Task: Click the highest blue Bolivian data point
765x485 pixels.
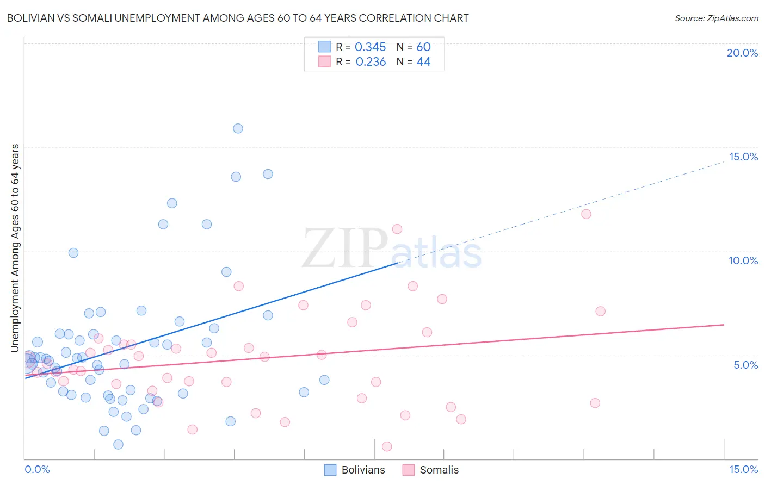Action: (x=238, y=129)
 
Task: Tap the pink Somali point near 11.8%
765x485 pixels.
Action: (x=586, y=214)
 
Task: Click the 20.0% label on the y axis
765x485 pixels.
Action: (x=742, y=53)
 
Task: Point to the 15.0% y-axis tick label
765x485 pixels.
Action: (x=743, y=157)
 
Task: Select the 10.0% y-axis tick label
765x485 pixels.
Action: (x=743, y=260)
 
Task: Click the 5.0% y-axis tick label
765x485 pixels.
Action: (x=745, y=365)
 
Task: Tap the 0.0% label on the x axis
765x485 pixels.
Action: (x=38, y=470)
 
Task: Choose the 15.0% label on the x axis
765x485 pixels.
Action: (x=743, y=470)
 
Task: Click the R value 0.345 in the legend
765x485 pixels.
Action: (x=370, y=47)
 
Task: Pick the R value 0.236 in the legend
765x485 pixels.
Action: (x=371, y=62)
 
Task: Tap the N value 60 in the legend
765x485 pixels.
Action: (x=423, y=47)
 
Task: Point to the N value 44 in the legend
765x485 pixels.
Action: (x=423, y=62)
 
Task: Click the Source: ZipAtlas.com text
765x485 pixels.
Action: (x=716, y=18)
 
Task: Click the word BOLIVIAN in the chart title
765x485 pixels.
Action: (x=31, y=18)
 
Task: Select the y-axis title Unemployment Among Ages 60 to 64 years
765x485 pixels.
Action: (x=15, y=247)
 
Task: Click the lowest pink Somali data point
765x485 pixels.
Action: (x=387, y=446)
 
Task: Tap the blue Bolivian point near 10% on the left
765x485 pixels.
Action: (x=73, y=253)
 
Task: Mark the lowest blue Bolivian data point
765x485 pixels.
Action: (x=118, y=445)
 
